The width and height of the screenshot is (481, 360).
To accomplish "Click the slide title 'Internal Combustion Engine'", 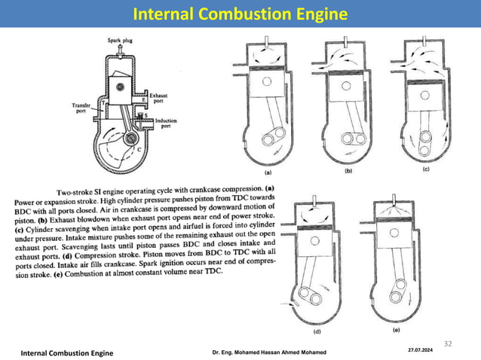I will pyautogui.click(x=240, y=14).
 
